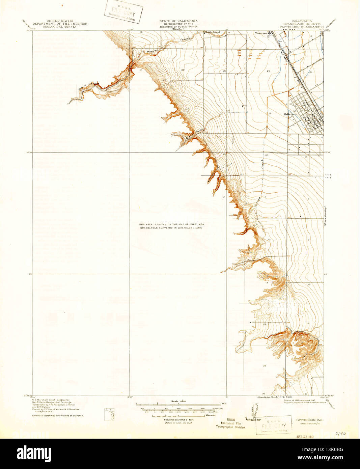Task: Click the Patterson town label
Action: [290, 114]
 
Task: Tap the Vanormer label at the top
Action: [261, 33]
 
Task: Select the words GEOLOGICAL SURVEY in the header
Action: [60, 26]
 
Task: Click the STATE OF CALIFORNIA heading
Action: [178, 21]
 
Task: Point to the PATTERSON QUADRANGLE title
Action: [301, 26]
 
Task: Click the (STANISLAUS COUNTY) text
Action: [301, 24]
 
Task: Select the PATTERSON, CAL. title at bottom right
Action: [310, 420]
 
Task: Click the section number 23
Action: [224, 71]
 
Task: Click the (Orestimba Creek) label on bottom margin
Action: [268, 397]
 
